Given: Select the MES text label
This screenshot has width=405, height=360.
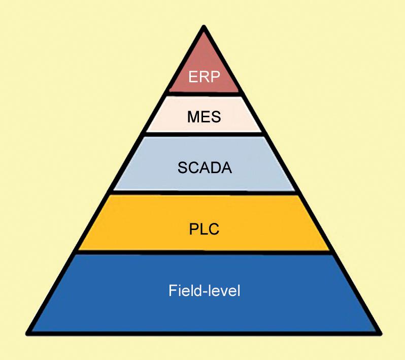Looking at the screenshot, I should click(204, 118).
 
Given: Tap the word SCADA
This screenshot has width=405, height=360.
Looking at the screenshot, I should click(204, 168).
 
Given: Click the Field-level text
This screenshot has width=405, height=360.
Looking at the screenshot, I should click(204, 292).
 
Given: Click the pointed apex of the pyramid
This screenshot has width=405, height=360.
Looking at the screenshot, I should click(204, 29).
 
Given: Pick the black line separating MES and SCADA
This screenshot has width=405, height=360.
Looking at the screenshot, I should click(204, 134).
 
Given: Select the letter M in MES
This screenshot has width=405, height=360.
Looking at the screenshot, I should click(192, 118).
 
